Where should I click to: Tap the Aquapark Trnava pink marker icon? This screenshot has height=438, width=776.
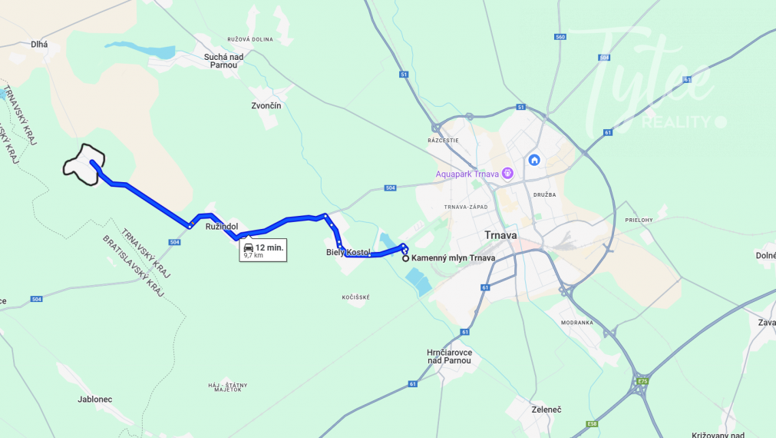(507, 173)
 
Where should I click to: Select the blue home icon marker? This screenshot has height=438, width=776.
(534, 160)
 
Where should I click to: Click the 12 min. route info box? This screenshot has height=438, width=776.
(263, 250)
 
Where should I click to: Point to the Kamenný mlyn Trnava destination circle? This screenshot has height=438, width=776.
(405, 258)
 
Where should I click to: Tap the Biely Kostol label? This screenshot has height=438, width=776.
(348, 252)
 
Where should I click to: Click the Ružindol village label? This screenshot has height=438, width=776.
(222, 227)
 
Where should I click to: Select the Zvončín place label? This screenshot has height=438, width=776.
(266, 105)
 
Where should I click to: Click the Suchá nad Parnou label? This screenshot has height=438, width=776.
(223, 61)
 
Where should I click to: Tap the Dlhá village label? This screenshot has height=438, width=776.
(39, 45)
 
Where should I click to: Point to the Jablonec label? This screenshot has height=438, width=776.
(95, 400)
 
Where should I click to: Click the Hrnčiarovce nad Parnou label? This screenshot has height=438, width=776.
(450, 357)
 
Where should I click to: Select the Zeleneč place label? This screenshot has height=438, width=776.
(547, 410)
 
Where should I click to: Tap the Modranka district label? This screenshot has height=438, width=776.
(577, 323)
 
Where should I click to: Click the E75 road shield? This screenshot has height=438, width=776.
(642, 380)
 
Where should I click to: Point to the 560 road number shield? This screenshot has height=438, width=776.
(560, 37)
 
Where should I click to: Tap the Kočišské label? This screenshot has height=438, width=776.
(357, 297)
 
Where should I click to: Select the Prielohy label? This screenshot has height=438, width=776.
(639, 220)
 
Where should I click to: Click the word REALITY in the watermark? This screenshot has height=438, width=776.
(676, 122)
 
